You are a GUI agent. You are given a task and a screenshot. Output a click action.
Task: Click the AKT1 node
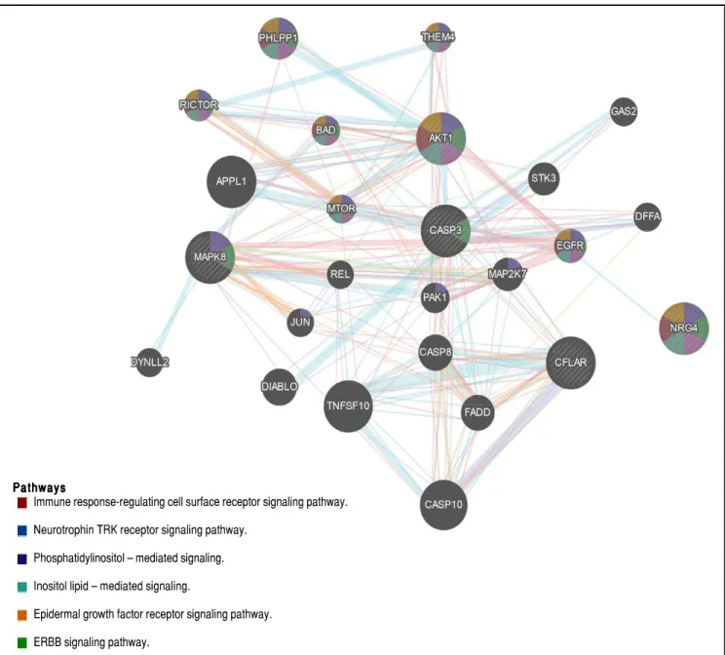point(440,138)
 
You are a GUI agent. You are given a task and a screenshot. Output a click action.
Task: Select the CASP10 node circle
point(443,505)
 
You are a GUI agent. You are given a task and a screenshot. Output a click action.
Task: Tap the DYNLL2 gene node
point(149,363)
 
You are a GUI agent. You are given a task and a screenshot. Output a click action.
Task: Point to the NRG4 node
point(684,328)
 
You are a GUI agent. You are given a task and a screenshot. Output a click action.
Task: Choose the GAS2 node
point(624,111)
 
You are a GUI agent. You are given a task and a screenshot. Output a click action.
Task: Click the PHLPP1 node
point(278,38)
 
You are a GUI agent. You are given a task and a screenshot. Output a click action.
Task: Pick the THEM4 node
point(438,36)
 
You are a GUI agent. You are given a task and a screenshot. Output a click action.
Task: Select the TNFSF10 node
point(348,406)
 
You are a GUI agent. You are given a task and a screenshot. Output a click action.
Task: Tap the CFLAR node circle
point(571,363)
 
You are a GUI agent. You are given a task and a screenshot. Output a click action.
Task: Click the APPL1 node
point(231,181)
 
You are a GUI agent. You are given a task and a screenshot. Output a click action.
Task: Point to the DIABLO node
point(280,387)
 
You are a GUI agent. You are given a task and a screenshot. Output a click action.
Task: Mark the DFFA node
point(647,216)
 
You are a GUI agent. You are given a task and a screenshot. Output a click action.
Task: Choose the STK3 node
point(544,178)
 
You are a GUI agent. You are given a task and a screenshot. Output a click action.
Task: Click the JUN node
point(300,323)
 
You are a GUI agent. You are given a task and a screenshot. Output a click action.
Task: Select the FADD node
point(477,412)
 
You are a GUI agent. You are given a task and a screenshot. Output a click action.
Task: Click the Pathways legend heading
point(39,487)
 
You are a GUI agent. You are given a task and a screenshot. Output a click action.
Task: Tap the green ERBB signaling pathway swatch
point(22,642)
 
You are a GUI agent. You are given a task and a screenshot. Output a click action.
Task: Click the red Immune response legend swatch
point(22,502)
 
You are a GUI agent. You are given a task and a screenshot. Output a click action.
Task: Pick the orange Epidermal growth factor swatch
point(22,615)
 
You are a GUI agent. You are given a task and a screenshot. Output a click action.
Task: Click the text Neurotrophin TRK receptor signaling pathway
point(140,530)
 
